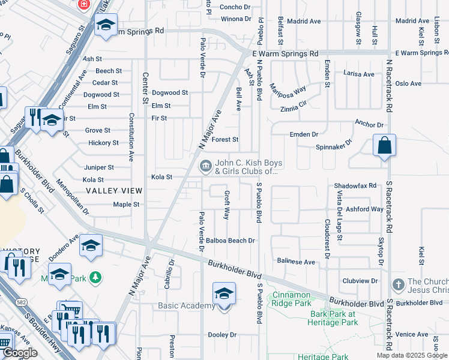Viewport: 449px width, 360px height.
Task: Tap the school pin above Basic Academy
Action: [x=224, y=294]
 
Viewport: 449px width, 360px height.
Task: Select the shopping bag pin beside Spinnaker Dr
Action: [x=384, y=146]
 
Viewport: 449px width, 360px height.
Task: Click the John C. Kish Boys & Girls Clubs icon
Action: [x=205, y=164]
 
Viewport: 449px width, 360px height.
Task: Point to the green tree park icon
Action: [x=95, y=277]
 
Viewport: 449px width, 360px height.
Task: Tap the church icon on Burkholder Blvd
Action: [x=397, y=284]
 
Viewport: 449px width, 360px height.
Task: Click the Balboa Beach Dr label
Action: [x=231, y=241]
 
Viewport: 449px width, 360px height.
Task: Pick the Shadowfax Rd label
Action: [x=355, y=185]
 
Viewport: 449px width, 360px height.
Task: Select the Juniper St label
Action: [x=98, y=167]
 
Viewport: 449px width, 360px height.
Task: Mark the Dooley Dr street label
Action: [x=222, y=334]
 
